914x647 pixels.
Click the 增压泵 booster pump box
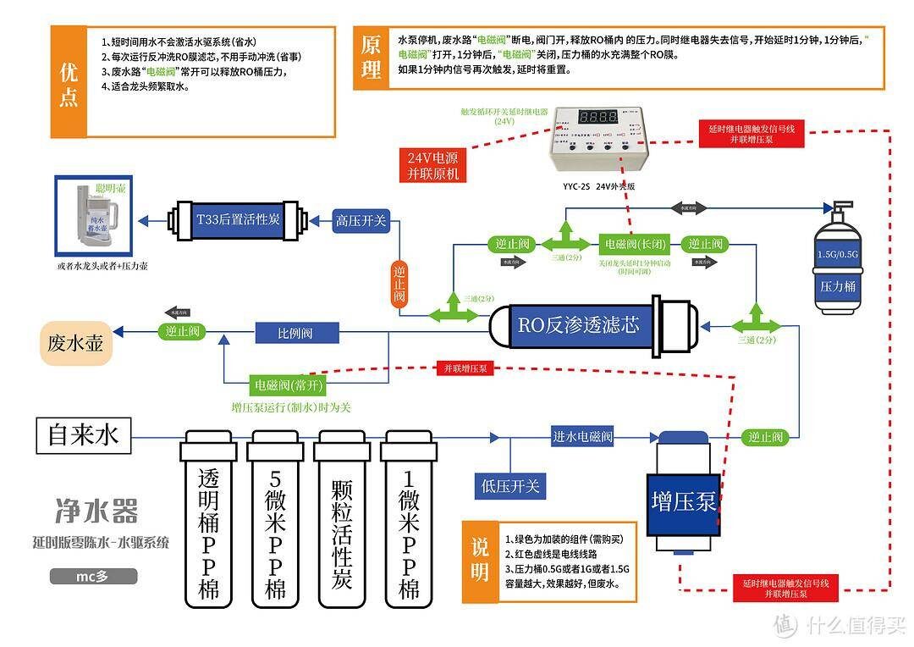(684, 500)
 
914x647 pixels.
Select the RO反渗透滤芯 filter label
(579, 324)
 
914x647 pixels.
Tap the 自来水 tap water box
(84, 435)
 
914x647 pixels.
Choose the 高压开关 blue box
(361, 221)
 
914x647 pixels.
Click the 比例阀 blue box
(296, 333)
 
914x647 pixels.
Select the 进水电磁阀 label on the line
(582, 437)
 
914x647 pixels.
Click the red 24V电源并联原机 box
(432, 165)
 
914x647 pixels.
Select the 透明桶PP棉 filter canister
(208, 521)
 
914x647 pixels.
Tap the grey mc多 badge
(93, 577)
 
